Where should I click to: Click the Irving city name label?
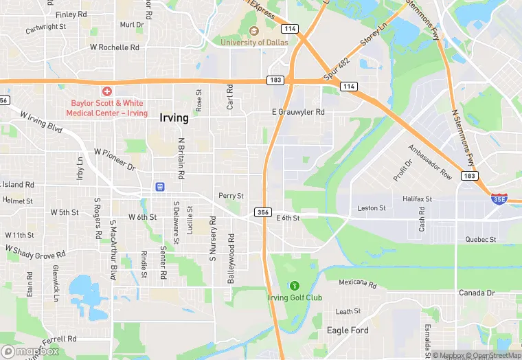[x=174, y=117]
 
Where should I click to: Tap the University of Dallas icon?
[x=253, y=31]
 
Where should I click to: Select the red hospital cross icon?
[x=107, y=91]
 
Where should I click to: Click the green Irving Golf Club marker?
[x=295, y=285]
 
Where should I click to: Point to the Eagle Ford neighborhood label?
[x=348, y=330]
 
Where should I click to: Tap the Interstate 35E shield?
[x=499, y=199]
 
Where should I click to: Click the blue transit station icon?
[x=160, y=186]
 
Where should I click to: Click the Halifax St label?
[x=417, y=199]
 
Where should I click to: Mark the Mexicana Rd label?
[x=358, y=283]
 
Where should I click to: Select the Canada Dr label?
[x=477, y=293]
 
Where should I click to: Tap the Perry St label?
[x=231, y=196]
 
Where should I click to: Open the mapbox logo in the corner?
[x=30, y=351]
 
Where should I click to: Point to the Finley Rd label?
[x=71, y=14]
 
